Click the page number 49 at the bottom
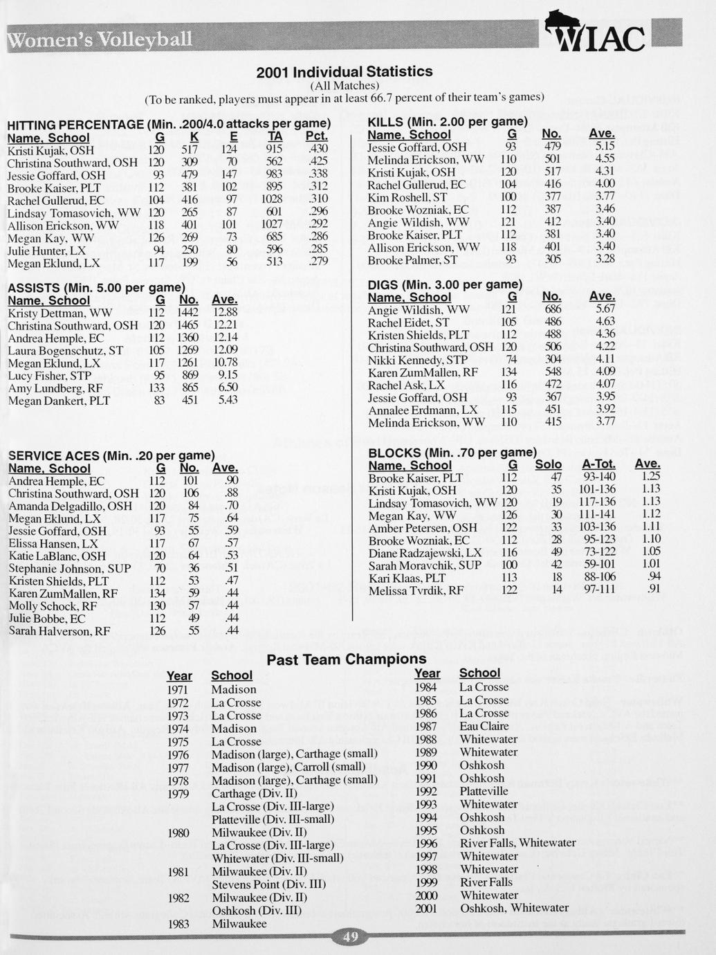pos(351,936)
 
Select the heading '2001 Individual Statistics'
pos(344,71)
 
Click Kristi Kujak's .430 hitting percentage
pos(317,149)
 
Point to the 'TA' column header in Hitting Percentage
pos(275,137)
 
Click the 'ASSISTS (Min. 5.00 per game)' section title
pos(96,287)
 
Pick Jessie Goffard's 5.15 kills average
pos(605,147)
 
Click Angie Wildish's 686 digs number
pos(552,310)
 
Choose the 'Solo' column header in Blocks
pos(549,464)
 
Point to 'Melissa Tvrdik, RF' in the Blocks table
pos(416,590)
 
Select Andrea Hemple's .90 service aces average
pos(232,481)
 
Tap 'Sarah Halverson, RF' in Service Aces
pos(59,631)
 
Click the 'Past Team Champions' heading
pos(347,658)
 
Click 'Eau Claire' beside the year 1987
pos(484,726)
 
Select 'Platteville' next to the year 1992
pos(484,791)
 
